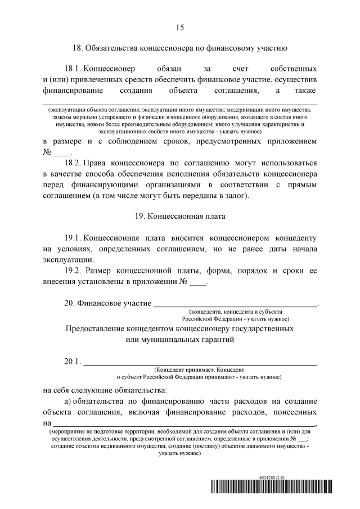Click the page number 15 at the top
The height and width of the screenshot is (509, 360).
[x=180, y=27]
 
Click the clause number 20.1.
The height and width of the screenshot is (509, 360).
[x=73, y=361]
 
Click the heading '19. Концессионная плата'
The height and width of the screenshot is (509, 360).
[x=180, y=215]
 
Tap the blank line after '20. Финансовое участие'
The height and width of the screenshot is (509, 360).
[x=236, y=304]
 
